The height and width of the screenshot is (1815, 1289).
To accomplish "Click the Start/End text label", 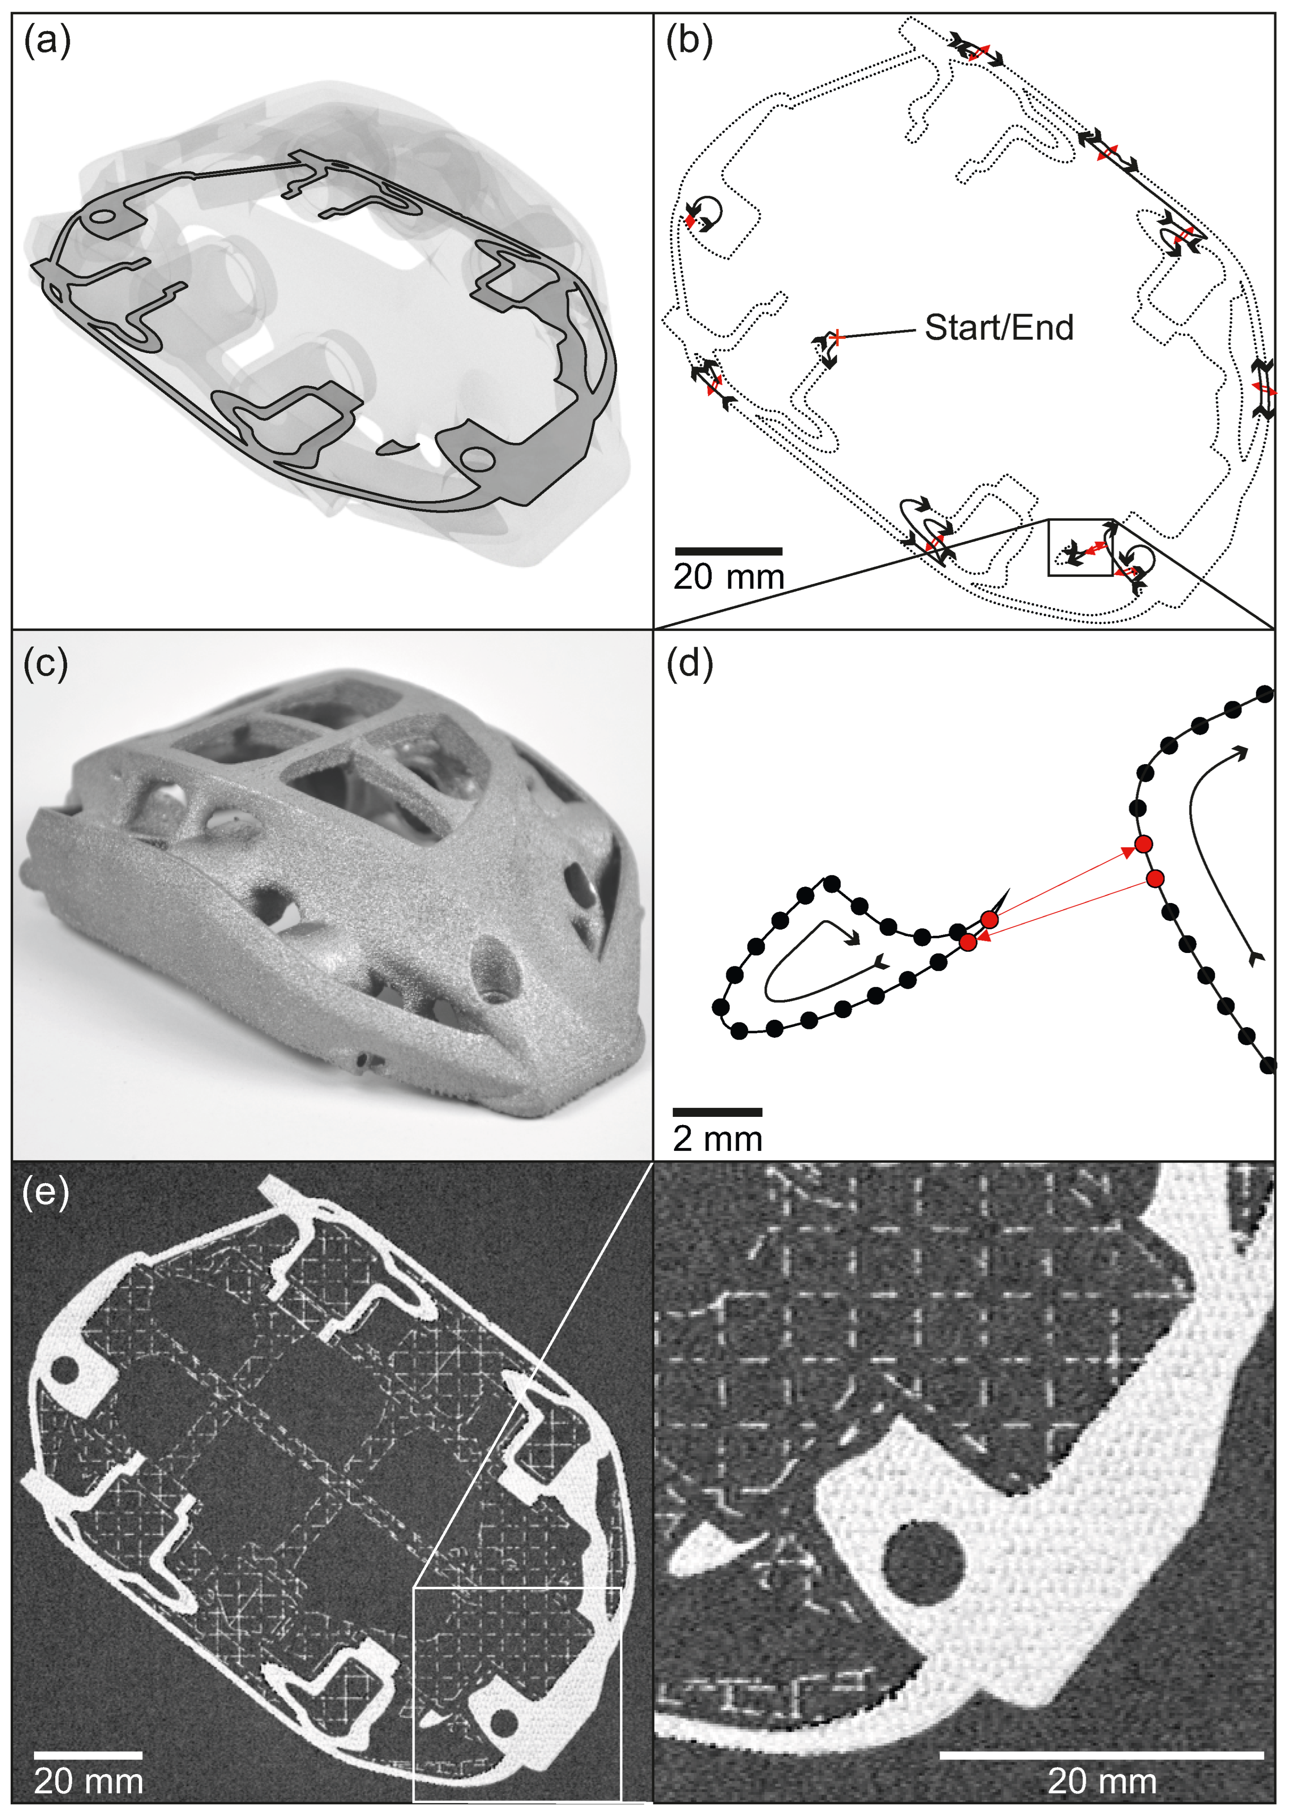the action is pos(999,327).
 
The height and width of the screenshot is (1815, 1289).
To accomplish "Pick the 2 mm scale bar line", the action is pos(718,1112).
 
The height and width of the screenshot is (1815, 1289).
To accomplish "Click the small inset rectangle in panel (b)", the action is pos(1081,548).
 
